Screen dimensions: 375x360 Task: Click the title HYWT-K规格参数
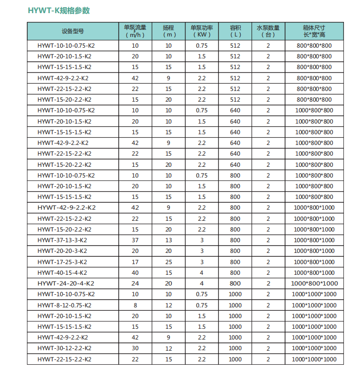point(59,10)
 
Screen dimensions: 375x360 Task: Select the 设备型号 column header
point(73,31)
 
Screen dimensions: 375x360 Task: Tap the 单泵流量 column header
point(135,31)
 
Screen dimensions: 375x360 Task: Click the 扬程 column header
point(168,31)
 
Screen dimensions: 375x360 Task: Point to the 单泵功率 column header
point(201,31)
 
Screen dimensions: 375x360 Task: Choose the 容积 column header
point(235,31)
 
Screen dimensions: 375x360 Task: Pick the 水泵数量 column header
point(268,31)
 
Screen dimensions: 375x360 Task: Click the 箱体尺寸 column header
point(314,31)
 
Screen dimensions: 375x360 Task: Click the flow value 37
point(135,240)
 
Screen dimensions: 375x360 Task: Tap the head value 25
point(168,262)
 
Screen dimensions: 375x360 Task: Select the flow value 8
point(135,305)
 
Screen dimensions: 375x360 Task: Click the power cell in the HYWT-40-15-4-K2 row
point(201,273)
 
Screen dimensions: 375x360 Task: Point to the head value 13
point(168,240)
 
